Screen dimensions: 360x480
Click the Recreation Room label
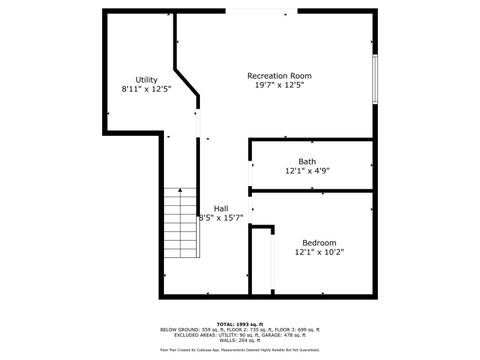[x=280, y=76]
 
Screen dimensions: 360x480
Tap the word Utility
[x=147, y=79]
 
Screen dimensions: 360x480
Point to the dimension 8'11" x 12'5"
[x=147, y=89]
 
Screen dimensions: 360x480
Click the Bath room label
[x=307, y=161]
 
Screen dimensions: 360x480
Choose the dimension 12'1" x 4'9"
[x=307, y=171]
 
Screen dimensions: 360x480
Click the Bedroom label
[x=320, y=243]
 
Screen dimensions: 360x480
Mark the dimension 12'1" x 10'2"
[x=320, y=253]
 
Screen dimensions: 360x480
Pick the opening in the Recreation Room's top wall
[x=260, y=12]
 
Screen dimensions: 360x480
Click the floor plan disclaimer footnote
[x=239, y=351]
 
